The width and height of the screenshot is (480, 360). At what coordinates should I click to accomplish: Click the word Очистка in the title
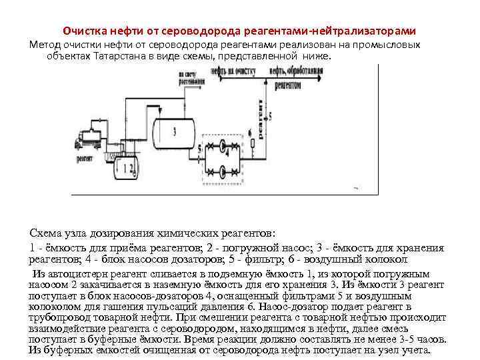tap(83, 31)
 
